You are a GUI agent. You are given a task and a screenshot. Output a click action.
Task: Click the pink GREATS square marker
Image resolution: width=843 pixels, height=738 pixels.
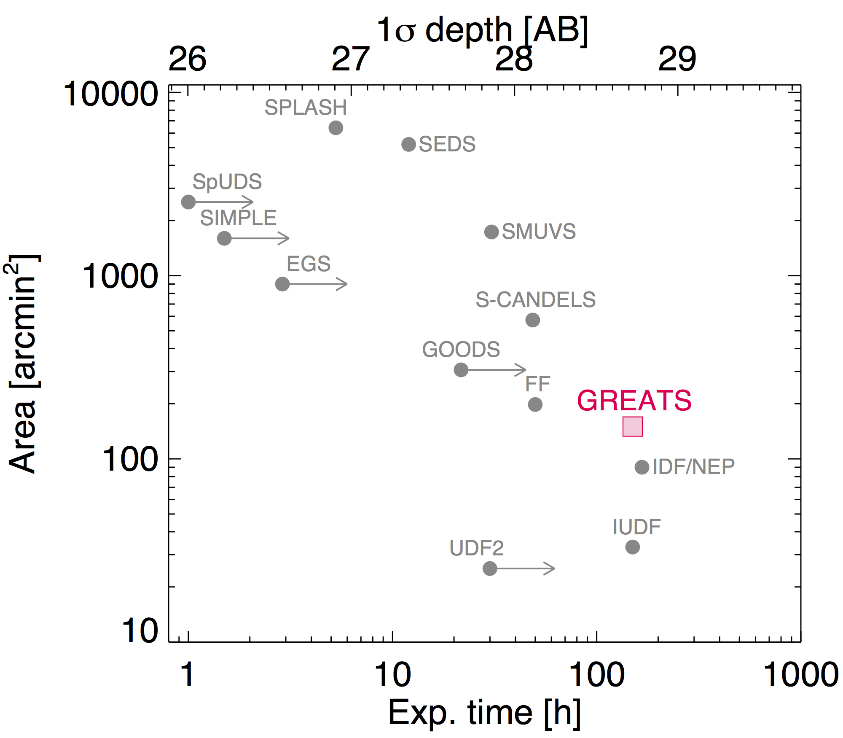pyautogui.click(x=633, y=426)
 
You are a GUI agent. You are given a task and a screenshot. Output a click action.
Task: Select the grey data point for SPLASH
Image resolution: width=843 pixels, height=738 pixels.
pyautogui.click(x=336, y=127)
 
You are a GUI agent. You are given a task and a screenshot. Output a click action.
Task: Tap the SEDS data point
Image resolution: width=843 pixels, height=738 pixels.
pyautogui.click(x=408, y=145)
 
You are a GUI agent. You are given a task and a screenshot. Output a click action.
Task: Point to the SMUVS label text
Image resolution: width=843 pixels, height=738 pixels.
pyautogui.click(x=539, y=232)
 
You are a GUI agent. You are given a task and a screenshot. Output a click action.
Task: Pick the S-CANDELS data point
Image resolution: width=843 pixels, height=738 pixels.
pyautogui.click(x=532, y=320)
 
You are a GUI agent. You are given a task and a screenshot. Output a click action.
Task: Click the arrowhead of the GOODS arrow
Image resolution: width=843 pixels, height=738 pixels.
pyautogui.click(x=523, y=370)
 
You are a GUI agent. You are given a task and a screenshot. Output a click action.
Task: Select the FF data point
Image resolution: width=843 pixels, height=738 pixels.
pyautogui.click(x=535, y=404)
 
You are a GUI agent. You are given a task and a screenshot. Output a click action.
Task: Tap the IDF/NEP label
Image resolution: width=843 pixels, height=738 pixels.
pyautogui.click(x=693, y=467)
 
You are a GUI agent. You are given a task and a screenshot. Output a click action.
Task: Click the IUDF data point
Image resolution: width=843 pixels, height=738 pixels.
pyautogui.click(x=632, y=547)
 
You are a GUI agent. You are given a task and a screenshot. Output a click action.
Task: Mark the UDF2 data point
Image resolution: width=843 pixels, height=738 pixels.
pyautogui.click(x=489, y=568)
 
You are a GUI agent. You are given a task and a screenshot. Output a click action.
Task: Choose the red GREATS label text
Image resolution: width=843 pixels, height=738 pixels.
pyautogui.click(x=634, y=400)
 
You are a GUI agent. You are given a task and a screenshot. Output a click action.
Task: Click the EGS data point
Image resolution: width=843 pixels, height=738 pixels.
pyautogui.click(x=282, y=284)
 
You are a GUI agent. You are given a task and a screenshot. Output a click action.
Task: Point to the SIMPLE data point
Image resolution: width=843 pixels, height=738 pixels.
pyautogui.click(x=224, y=238)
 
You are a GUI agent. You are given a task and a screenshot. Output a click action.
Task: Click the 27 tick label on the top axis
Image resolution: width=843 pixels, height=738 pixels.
pyautogui.click(x=350, y=59)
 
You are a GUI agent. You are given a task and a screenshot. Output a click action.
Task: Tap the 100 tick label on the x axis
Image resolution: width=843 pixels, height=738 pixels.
pyautogui.click(x=596, y=675)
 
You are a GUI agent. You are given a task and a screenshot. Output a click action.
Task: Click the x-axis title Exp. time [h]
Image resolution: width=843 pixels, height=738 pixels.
pyautogui.click(x=484, y=713)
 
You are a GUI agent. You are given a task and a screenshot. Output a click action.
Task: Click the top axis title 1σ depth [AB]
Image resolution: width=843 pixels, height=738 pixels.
pyautogui.click(x=482, y=30)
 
